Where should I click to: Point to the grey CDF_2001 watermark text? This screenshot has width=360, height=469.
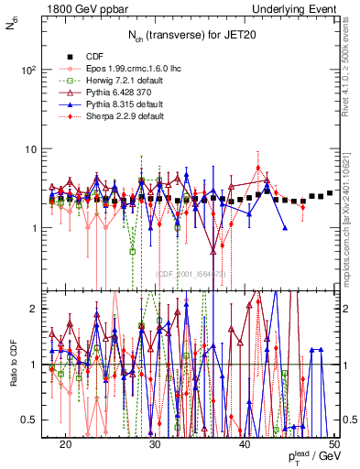point(191,273)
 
